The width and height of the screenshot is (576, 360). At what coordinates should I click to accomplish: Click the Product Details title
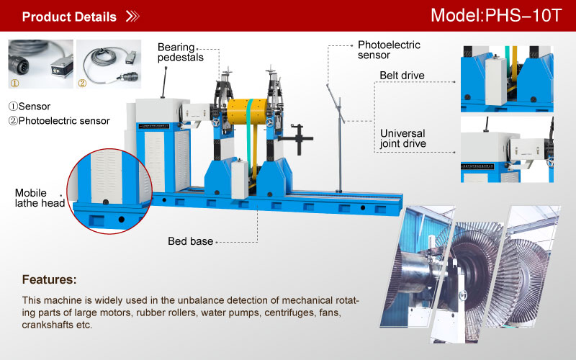[69, 17]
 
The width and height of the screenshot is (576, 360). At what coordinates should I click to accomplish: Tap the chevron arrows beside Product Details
[132, 17]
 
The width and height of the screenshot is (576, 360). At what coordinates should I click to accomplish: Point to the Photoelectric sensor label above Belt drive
[389, 50]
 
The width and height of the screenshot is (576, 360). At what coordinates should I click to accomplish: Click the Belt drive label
[402, 75]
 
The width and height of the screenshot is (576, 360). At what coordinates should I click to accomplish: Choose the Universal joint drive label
[402, 138]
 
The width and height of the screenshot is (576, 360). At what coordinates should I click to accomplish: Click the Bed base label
[191, 241]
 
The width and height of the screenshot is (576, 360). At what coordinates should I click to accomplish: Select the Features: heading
[49, 279]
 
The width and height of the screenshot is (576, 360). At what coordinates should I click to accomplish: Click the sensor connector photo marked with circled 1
[40, 63]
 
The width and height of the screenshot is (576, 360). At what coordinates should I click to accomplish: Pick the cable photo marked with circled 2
[108, 63]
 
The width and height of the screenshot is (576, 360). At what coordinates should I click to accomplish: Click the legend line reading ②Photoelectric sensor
[59, 121]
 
